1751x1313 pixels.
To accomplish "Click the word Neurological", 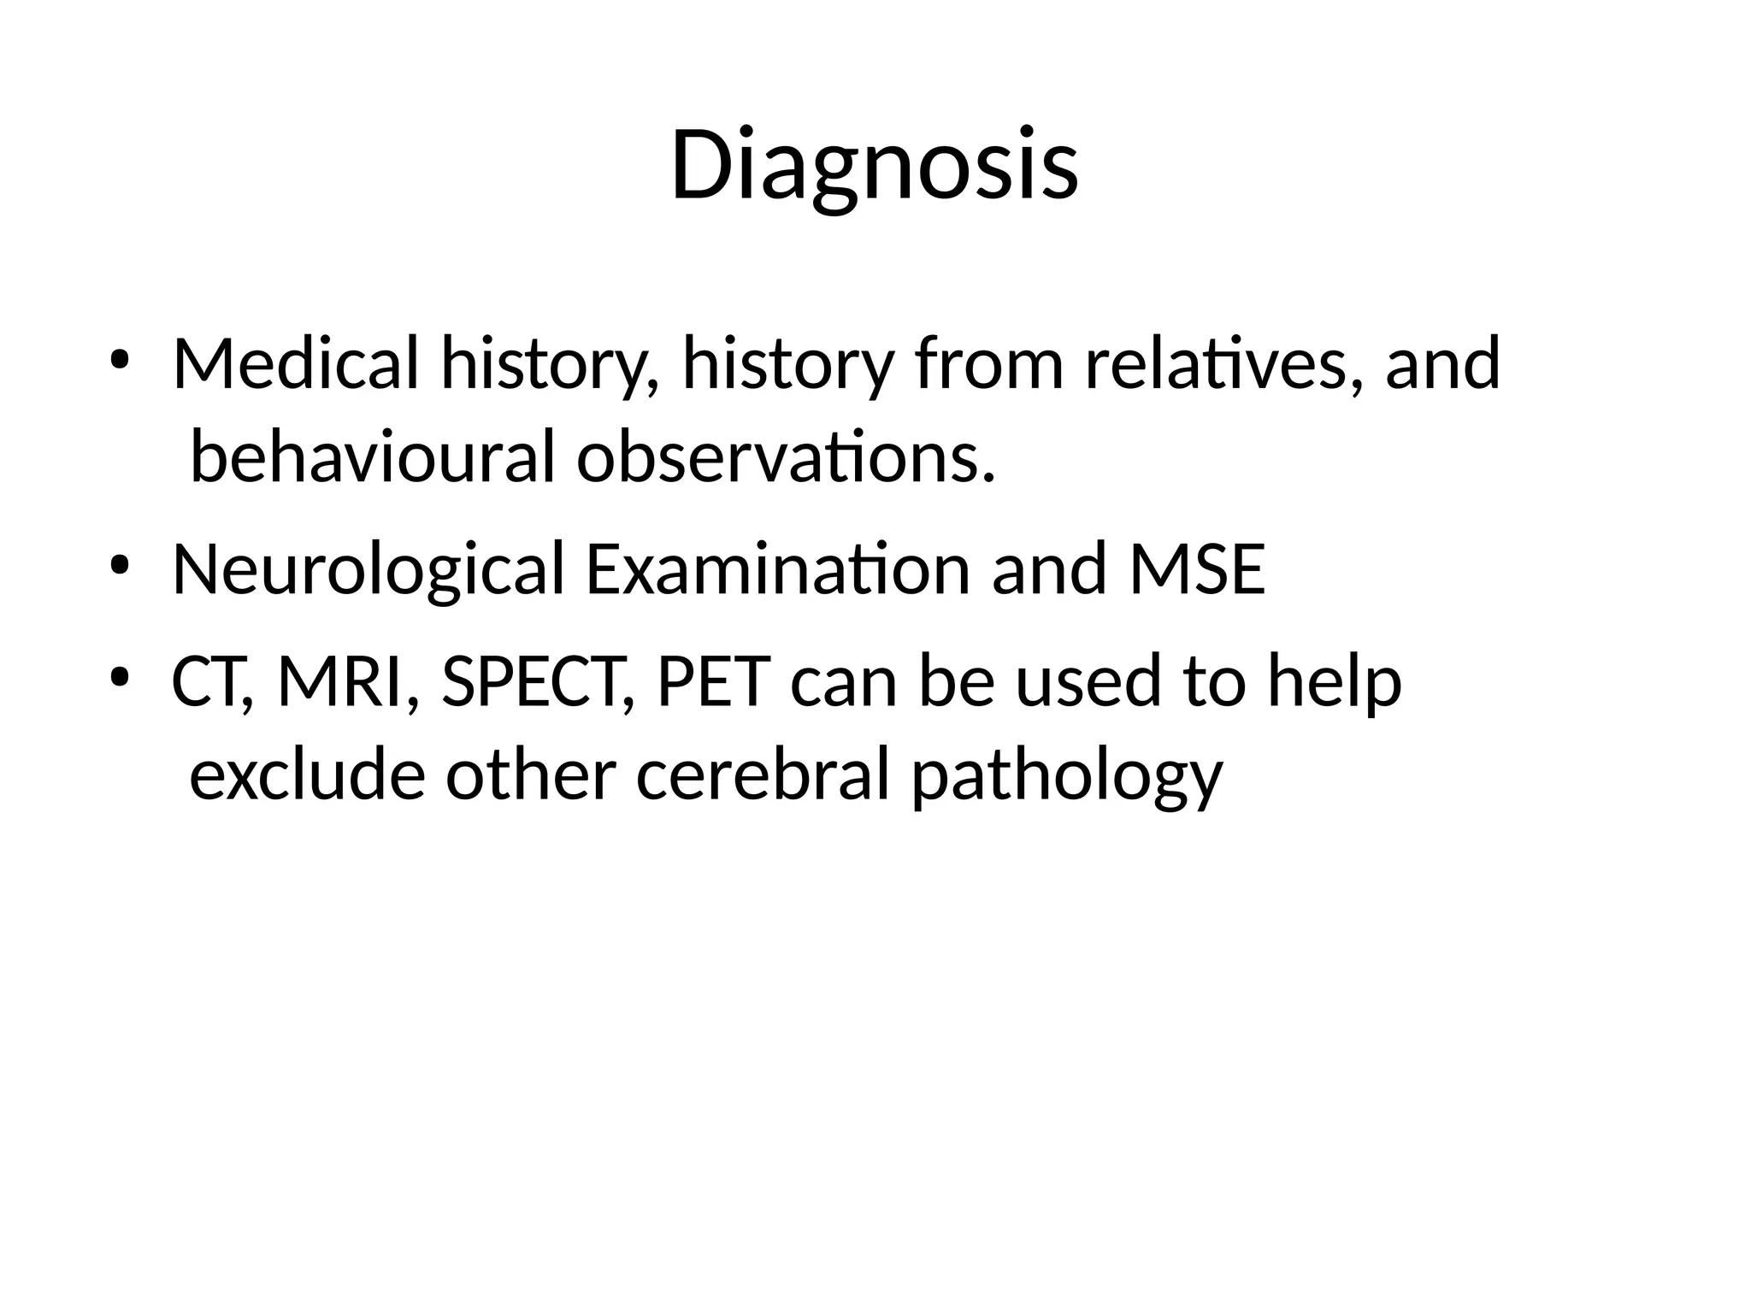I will click(x=368, y=569).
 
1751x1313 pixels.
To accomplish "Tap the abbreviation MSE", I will click(x=1197, y=569).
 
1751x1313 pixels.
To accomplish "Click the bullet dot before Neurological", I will click(x=119, y=567).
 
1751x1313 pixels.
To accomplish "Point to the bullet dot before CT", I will click(x=119, y=679).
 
